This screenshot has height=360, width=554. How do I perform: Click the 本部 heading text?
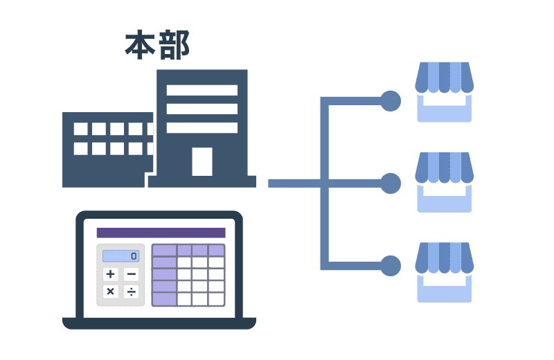(157, 45)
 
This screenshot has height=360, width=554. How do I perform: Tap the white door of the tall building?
(202, 161)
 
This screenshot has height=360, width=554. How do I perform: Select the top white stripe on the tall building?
(202, 90)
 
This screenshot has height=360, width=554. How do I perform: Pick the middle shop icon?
(444, 182)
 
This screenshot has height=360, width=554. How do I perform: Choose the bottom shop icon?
(444, 272)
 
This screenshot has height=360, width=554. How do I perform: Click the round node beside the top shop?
(391, 101)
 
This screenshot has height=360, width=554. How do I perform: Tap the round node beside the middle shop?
(391, 183)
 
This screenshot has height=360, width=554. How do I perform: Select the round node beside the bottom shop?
(391, 265)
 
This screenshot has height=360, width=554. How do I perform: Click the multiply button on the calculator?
(110, 291)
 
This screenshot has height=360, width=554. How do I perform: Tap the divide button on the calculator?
(132, 291)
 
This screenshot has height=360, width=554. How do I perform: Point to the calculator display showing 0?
(120, 256)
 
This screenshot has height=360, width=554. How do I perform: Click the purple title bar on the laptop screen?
(161, 233)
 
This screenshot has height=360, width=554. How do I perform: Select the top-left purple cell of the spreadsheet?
(164, 250)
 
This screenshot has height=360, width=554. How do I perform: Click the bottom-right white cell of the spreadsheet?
(216, 298)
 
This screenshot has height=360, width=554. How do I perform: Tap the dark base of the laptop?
(159, 323)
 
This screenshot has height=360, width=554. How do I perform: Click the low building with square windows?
(107, 149)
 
